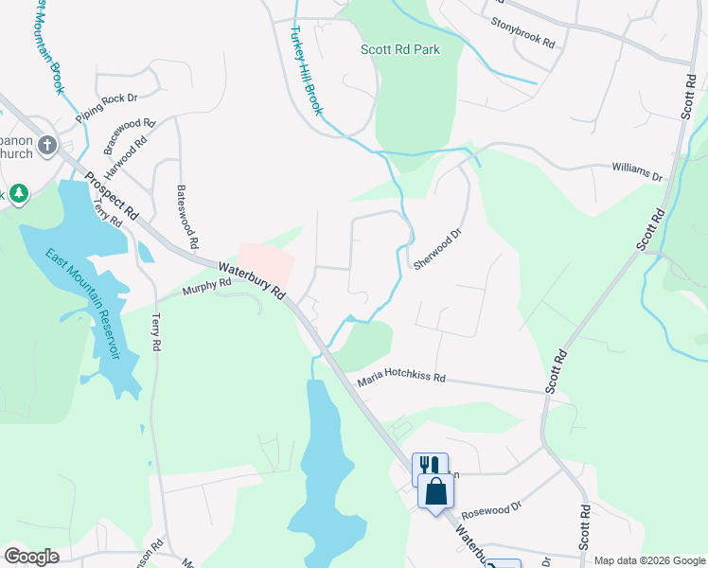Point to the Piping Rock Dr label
107,104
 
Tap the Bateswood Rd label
186,216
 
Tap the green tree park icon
18,194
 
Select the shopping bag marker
435,492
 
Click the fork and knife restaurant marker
428,466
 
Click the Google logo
31,557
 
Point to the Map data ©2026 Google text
649,560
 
